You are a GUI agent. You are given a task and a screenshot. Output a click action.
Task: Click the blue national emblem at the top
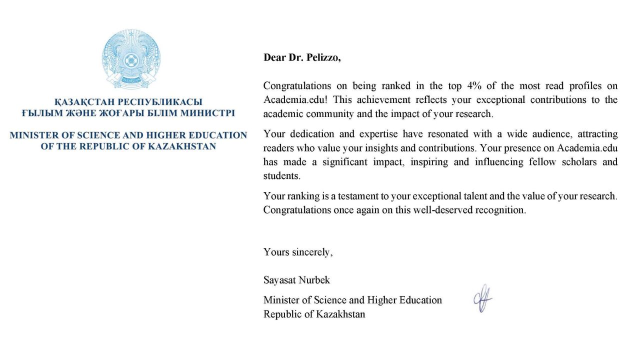click(x=131, y=58)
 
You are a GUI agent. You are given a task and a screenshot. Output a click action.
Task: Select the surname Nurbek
click(x=314, y=280)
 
